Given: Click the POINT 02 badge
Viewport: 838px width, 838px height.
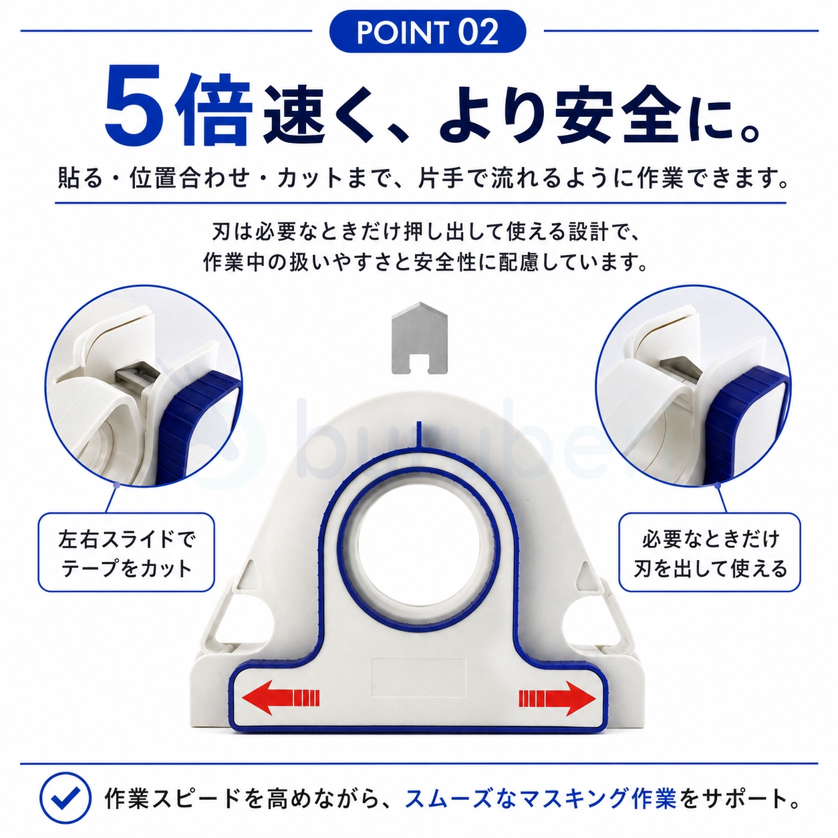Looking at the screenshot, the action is point(427,32).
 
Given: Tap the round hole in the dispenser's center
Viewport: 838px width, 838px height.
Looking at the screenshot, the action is point(419,543).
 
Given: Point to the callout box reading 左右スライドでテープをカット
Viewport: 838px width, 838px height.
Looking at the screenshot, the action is point(126,552).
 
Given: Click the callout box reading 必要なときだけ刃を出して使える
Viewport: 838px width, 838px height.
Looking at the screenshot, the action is point(710,552).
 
